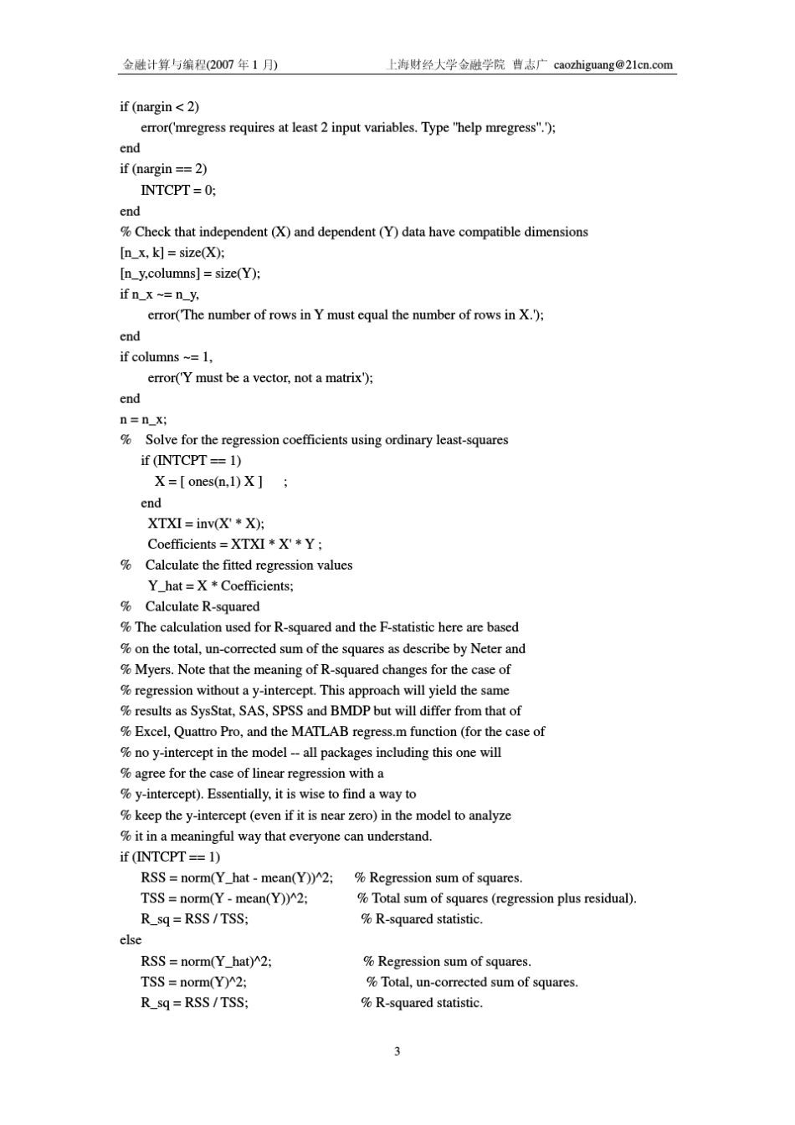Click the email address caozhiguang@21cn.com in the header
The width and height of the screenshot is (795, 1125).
[613, 64]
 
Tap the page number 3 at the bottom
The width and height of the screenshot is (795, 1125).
[397, 1051]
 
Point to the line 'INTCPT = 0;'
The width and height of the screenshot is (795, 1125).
[177, 190]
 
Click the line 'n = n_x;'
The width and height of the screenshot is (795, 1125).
[143, 419]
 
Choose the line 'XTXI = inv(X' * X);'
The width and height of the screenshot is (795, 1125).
[206, 524]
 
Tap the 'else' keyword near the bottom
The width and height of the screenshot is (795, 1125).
[131, 940]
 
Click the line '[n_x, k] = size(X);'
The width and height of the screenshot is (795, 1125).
[172, 253]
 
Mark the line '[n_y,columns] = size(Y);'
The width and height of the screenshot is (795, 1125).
[190, 274]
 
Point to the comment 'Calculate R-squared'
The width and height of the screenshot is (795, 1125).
[203, 606]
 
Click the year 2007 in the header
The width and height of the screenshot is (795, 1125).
[223, 64]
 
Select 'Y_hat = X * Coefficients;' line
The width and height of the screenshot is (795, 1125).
[220, 586]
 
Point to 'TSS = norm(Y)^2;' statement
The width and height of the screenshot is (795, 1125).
[193, 982]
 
